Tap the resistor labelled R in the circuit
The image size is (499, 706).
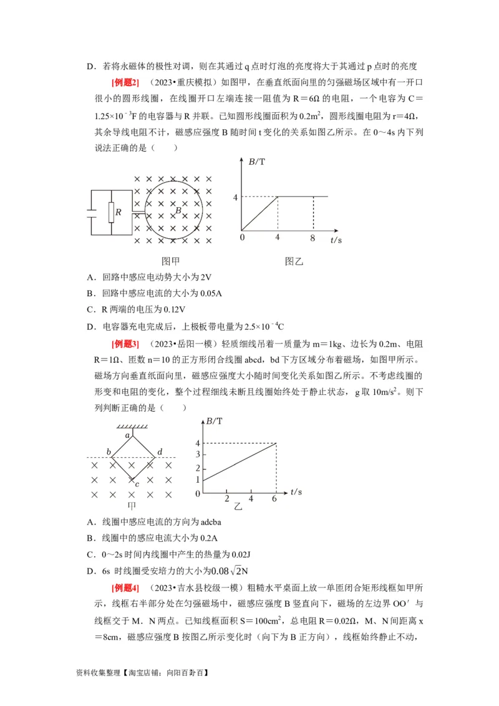(x=112, y=212)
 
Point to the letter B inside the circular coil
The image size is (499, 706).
(x=178, y=211)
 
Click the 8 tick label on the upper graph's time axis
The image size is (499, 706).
(x=313, y=238)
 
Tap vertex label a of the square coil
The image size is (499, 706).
(x=127, y=435)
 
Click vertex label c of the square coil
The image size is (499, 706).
(x=137, y=483)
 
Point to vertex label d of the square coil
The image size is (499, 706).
(x=160, y=452)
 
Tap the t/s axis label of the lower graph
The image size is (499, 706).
(x=299, y=493)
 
